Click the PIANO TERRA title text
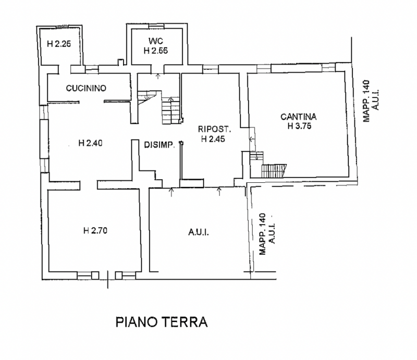point(161,321)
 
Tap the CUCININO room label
point(86,89)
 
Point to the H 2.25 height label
point(58,44)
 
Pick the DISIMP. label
point(158,145)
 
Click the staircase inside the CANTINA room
point(273,171)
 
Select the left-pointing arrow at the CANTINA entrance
point(252,139)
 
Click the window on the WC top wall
point(155,26)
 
